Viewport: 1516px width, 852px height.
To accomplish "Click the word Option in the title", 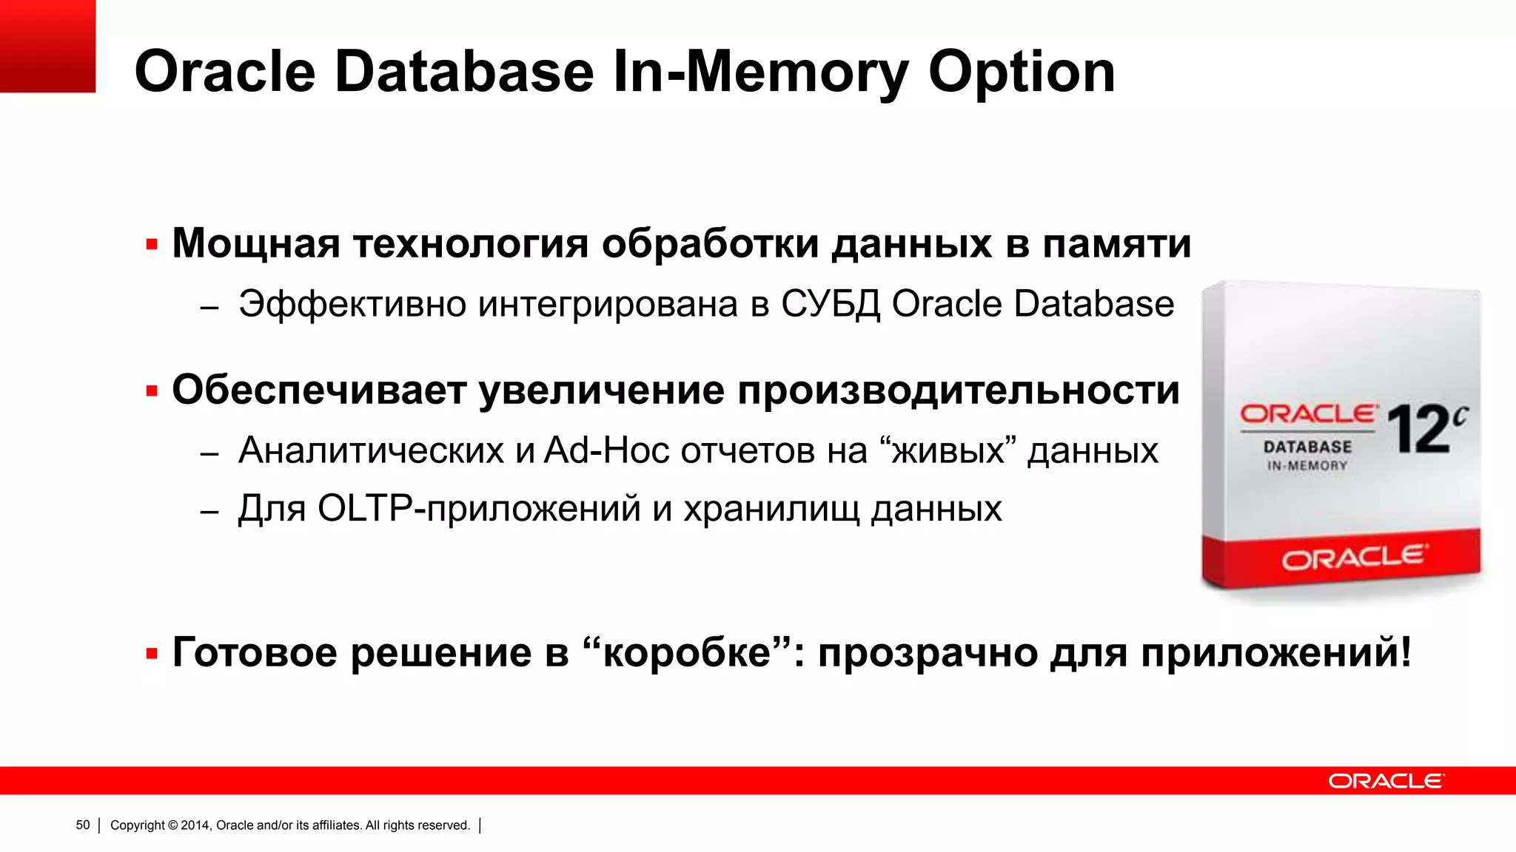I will tap(1022, 72).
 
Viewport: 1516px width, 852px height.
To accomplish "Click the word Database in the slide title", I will tap(464, 72).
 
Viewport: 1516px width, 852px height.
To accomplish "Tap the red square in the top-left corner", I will tap(47, 46).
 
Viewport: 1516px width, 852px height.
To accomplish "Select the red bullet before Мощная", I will tap(152, 245).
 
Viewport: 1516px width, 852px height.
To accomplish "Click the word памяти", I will tap(1117, 245).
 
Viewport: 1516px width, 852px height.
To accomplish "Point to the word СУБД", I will tap(830, 304).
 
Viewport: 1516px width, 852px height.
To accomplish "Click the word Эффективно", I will tap(352, 304).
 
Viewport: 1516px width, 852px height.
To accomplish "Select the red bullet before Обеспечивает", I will tap(152, 391).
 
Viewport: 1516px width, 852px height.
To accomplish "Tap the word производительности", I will tap(959, 391).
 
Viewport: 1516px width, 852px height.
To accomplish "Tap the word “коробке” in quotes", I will tap(686, 652).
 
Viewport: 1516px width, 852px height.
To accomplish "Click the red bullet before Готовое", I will tap(152, 654).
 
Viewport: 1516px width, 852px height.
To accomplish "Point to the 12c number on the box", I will tap(1426, 428).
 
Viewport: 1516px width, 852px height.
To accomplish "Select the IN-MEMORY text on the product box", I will tap(1307, 466).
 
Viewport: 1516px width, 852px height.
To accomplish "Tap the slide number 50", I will tap(83, 825).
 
